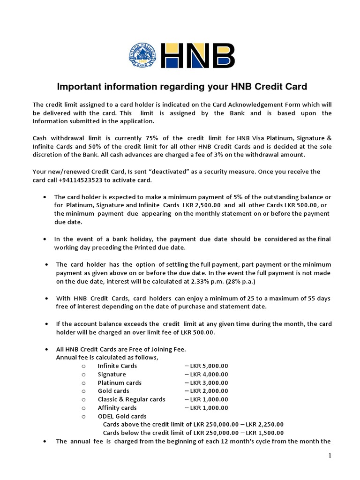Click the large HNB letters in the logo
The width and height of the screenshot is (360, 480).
[198, 56]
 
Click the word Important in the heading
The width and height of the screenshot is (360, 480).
[76, 87]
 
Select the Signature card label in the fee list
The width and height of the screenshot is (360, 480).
[112, 374]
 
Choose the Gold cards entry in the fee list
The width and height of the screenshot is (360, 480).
[113, 391]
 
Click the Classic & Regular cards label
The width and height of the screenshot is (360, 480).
[131, 399]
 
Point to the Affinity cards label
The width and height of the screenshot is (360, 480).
[117, 408]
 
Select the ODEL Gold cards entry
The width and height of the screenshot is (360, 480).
[122, 416]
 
